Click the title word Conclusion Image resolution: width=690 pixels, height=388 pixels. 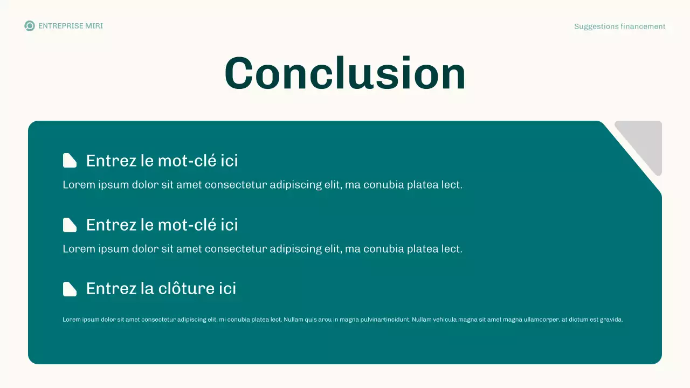345,74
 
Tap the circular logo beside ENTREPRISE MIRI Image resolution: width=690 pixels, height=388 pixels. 30,26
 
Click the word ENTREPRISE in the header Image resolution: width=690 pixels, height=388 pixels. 61,26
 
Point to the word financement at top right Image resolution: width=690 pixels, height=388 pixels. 643,26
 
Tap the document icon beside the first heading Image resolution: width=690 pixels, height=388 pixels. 70,161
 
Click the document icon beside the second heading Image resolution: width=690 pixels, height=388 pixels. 70,225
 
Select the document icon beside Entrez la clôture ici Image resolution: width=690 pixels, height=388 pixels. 70,289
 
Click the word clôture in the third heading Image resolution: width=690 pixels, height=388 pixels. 187,288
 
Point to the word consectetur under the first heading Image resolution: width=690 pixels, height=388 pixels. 236,185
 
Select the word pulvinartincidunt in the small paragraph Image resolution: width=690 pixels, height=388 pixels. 383,320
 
